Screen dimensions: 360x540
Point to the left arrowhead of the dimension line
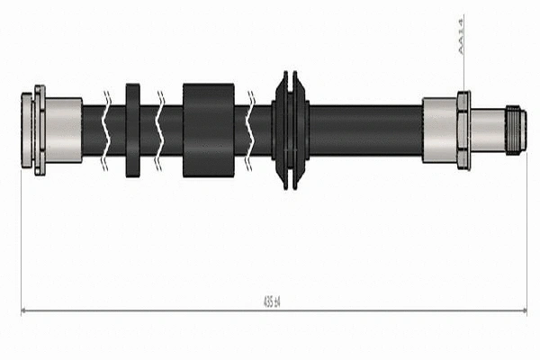(x=24, y=310)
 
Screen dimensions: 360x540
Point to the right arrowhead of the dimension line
(x=523, y=310)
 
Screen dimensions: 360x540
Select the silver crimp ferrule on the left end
(x=63, y=130)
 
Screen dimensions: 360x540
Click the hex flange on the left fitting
(x=40, y=130)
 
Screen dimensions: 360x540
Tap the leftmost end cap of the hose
(x=27, y=130)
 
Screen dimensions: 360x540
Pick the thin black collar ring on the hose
(x=133, y=130)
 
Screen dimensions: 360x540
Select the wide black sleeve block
(x=208, y=130)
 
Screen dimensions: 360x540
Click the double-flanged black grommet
(x=290, y=130)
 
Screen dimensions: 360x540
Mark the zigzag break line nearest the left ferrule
(x=107, y=130)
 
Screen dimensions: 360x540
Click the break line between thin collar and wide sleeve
(x=159, y=130)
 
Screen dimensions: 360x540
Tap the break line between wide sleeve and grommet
(x=251, y=130)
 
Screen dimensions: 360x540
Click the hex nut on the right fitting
(x=463, y=130)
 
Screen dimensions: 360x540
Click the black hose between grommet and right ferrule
(x=364, y=130)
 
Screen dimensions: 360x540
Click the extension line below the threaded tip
(x=526, y=234)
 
